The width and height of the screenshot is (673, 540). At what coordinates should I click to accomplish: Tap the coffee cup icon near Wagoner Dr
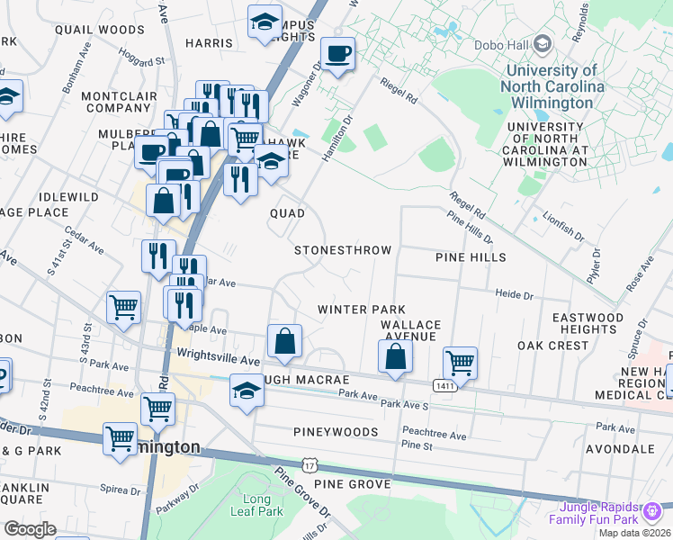[337, 54]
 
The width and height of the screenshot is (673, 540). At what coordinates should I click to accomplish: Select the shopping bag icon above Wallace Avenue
[395, 356]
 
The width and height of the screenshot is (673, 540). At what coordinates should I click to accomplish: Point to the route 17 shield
[310, 465]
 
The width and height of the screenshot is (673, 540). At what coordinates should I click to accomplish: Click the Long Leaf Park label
[262, 505]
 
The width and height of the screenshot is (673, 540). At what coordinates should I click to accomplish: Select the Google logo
[30, 528]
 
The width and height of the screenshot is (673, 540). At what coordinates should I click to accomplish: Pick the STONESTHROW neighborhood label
[343, 249]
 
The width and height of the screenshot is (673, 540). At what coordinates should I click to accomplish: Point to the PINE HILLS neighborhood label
[471, 257]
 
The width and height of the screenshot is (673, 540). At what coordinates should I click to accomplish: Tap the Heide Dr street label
[515, 294]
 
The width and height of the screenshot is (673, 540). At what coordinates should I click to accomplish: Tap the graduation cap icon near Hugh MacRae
[246, 391]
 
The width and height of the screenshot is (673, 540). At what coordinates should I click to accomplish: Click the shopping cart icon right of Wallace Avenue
[460, 363]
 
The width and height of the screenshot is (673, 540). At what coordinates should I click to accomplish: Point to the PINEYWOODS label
[336, 432]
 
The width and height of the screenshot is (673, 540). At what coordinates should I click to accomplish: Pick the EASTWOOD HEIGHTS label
[588, 324]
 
